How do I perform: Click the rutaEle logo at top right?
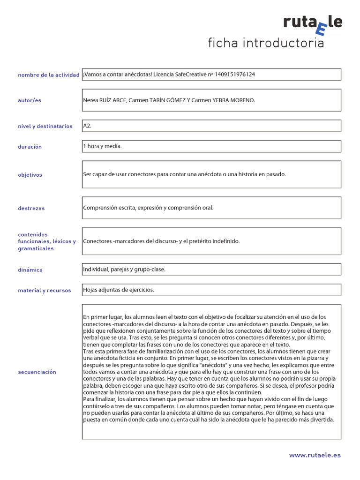click(x=313, y=24)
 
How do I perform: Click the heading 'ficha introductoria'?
click(x=266, y=44)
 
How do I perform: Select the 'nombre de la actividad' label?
click(x=48, y=75)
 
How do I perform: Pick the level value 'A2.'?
click(x=87, y=126)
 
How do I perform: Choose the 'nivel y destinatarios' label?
click(x=45, y=126)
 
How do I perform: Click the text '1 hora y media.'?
click(x=102, y=146)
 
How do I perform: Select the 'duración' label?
click(x=30, y=147)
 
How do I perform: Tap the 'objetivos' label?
click(x=30, y=175)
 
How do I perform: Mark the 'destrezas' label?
click(x=31, y=208)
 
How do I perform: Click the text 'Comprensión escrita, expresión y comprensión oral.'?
click(x=148, y=208)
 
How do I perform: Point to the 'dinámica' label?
click(x=30, y=270)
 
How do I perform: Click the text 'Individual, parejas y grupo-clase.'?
click(x=124, y=270)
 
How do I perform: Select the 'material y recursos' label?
click(x=45, y=291)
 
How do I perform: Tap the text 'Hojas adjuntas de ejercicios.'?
click(x=119, y=290)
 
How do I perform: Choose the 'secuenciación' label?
click(x=37, y=372)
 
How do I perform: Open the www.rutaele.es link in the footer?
click(x=315, y=455)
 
